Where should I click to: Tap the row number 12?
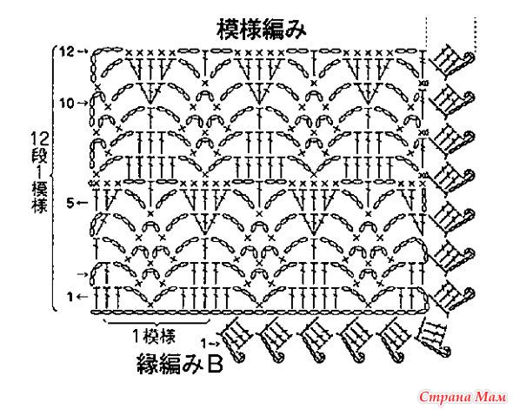(67, 51)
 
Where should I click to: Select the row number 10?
(67, 104)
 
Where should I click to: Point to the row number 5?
(70, 204)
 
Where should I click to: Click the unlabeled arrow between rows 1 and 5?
(82, 274)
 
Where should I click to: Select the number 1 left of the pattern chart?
(70, 297)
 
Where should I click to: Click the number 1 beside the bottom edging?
(203, 344)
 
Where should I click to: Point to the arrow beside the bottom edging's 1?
(215, 344)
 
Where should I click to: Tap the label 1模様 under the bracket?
(154, 336)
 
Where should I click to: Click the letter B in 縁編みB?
(216, 364)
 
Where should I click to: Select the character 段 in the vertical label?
(40, 155)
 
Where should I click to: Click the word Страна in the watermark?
(445, 397)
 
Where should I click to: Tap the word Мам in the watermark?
(490, 397)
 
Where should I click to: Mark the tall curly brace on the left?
(54, 178)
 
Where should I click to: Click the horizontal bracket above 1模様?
(157, 323)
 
